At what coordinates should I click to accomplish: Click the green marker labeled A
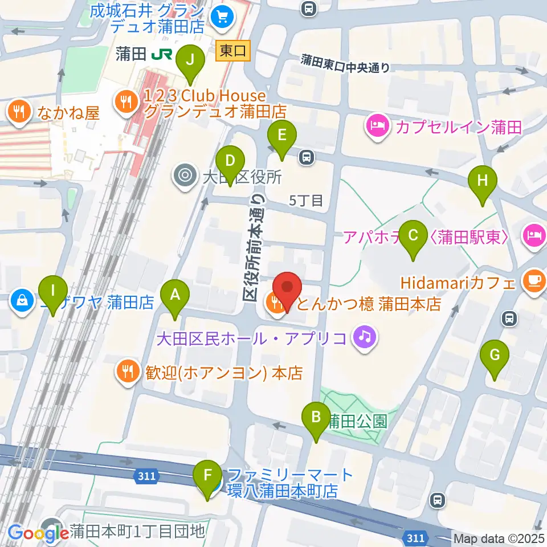pyautogui.click(x=175, y=296)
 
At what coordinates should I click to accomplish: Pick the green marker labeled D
pyautogui.click(x=230, y=161)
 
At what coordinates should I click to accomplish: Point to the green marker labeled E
pyautogui.click(x=282, y=136)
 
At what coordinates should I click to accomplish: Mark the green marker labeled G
pyautogui.click(x=494, y=356)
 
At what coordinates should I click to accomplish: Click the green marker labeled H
pyautogui.click(x=482, y=182)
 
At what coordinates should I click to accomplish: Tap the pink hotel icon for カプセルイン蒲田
pyautogui.click(x=377, y=126)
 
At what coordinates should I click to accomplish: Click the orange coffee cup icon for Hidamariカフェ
pyautogui.click(x=533, y=282)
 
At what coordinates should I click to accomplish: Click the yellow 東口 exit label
pyautogui.click(x=233, y=51)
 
